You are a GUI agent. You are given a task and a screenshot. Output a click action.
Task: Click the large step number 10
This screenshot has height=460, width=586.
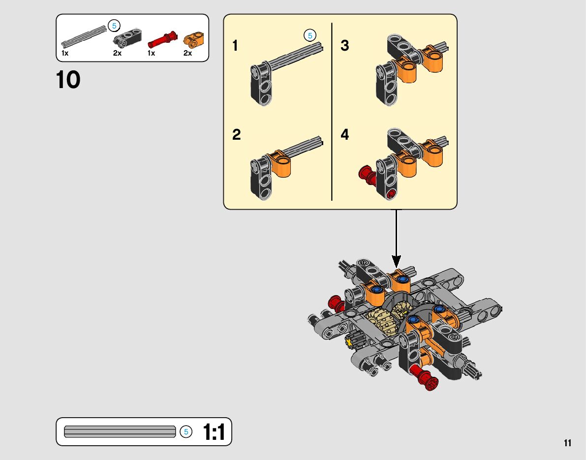[x=68, y=80]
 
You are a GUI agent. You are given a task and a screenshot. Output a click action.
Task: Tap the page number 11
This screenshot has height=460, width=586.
[x=568, y=443]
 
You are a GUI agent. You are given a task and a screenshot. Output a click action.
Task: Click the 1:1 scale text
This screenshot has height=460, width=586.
[x=214, y=432]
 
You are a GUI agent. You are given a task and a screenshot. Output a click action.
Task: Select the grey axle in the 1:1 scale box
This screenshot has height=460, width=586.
[x=120, y=431]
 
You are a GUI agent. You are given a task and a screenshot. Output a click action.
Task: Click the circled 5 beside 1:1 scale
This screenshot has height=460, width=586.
[x=185, y=432]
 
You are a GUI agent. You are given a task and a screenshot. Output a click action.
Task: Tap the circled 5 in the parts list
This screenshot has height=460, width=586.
[x=114, y=26]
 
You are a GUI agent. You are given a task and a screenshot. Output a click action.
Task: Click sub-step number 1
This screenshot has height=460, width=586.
[x=235, y=46]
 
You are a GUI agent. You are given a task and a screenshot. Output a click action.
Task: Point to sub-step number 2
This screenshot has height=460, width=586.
[x=237, y=135]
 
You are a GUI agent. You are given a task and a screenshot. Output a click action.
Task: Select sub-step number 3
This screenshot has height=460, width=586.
[x=345, y=46]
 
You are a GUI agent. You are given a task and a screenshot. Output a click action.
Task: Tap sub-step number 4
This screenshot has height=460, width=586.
[x=345, y=134]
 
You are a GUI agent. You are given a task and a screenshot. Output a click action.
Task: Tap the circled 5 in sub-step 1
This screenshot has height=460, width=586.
[x=309, y=35]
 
